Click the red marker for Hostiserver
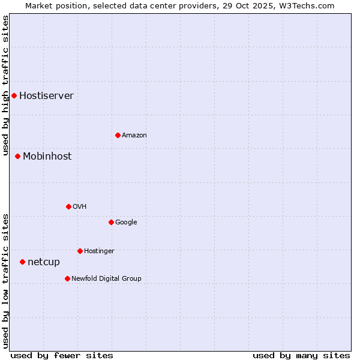pos(14,95)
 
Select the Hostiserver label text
pos(46,95)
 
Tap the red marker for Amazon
pos(118,135)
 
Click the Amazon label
pos(134,135)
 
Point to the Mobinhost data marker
pos(17,156)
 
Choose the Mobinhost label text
pos(47,156)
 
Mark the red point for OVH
pos(68,206)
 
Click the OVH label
pos(79,206)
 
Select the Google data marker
pos(111,222)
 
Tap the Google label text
pos(126,222)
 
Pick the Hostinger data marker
pos(80,251)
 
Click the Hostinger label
pos(99,251)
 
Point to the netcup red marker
pos(22,262)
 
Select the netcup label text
pos(44,262)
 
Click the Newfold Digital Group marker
pos(67,278)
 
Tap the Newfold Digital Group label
pos(106,278)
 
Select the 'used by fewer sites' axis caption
pos(62,355)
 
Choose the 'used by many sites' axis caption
pos(301,355)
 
